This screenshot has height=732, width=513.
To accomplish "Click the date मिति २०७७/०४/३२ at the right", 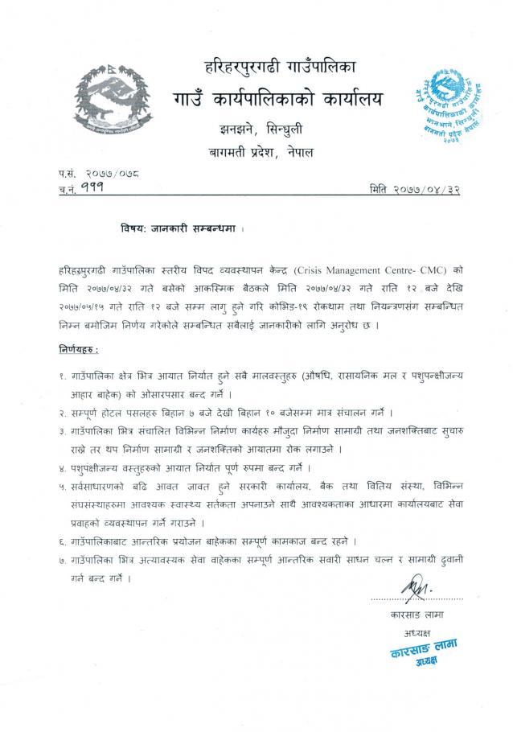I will (415, 187).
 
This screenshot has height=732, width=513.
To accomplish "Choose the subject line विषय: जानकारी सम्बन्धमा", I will (178, 228).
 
